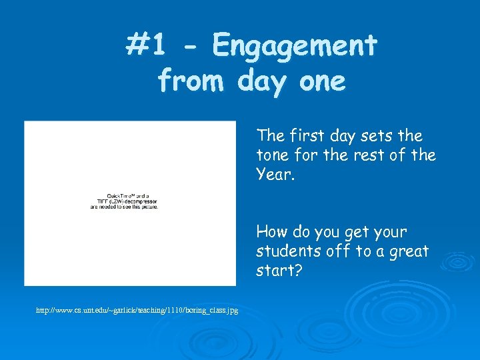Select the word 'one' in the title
tap(323, 81)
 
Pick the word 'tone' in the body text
tap(272, 155)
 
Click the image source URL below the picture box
tap(137, 311)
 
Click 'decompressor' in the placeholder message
tap(137, 201)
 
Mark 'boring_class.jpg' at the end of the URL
tap(211, 311)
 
